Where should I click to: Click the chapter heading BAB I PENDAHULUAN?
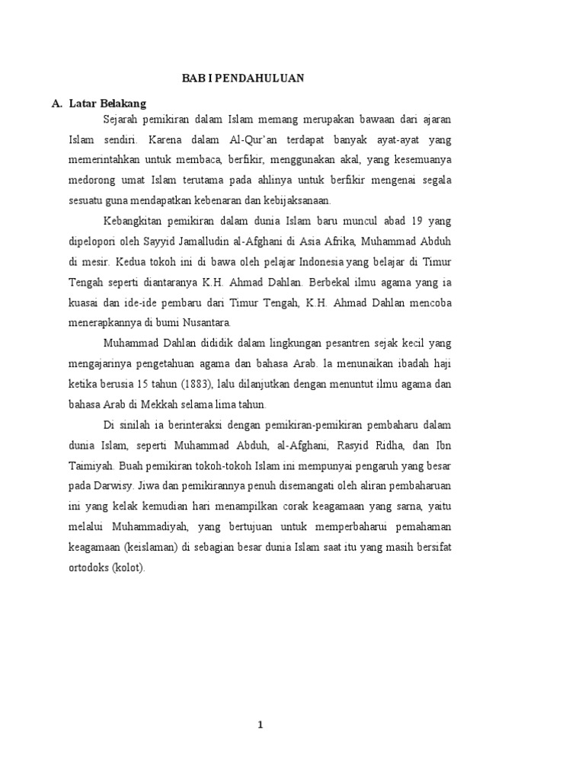242,78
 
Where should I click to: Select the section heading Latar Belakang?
107,103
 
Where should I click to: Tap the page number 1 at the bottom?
261,724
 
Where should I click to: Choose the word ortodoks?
86,567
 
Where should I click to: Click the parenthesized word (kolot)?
126,567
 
